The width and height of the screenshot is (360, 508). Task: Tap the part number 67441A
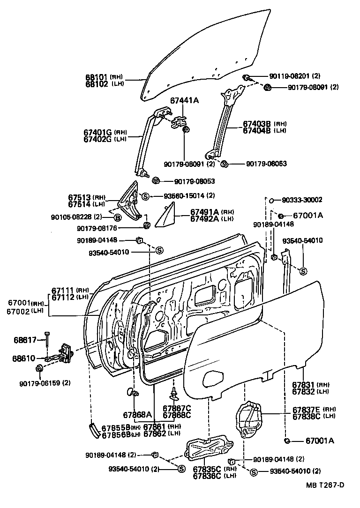[x=184, y=100]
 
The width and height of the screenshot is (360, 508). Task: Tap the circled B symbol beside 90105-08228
[x=118, y=217]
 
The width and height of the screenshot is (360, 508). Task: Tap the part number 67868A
[x=137, y=414]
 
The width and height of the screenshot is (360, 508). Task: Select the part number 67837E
[x=306, y=409]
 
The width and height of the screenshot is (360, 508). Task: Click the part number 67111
[x=63, y=291]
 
